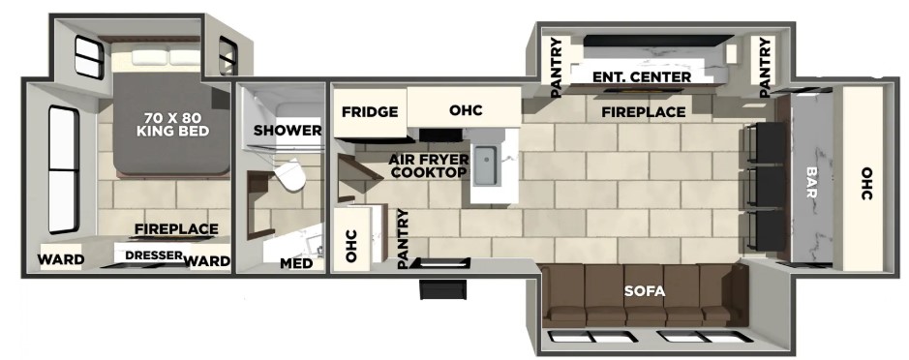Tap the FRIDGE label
point(369,112)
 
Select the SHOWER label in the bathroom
point(287,131)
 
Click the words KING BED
point(172,132)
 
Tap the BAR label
point(810,183)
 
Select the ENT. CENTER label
point(641,77)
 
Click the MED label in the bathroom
point(296,264)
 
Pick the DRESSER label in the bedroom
point(154,255)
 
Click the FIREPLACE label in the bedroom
point(177,229)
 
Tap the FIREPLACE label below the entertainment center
point(644,112)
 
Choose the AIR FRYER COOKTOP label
point(428,166)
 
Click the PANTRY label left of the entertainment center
point(556,67)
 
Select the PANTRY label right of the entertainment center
point(765,67)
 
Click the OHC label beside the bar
point(866,184)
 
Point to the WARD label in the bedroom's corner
point(61,260)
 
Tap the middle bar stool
point(765,186)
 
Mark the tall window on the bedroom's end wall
point(63,170)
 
